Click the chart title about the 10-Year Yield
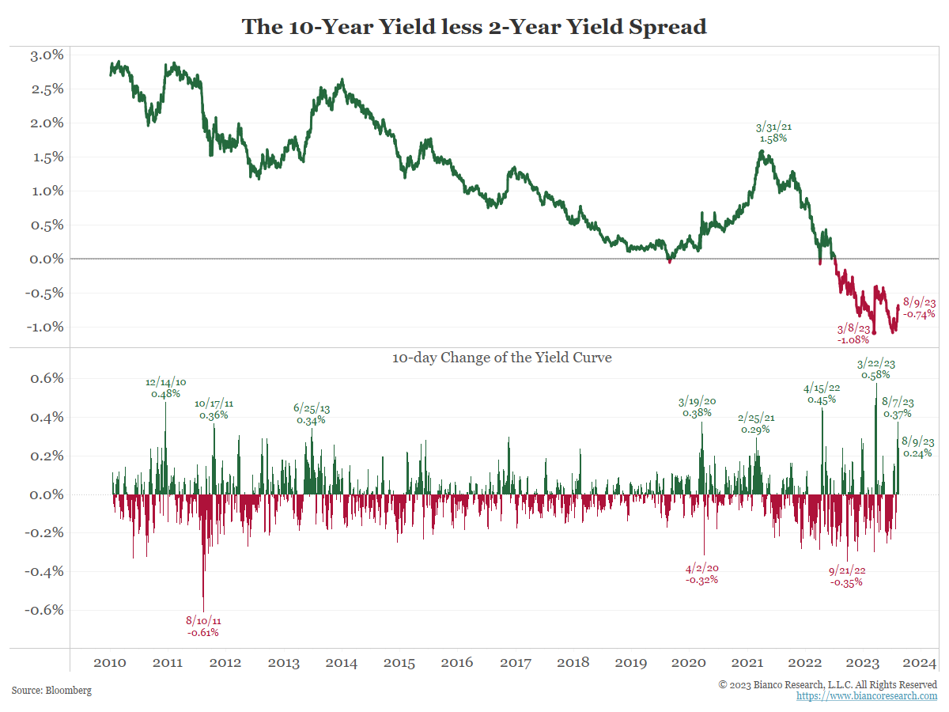point(474,26)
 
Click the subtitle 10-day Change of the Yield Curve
point(501,358)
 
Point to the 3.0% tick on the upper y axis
point(47,55)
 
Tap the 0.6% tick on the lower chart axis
point(47,378)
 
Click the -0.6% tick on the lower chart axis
point(44,610)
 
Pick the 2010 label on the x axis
point(109,662)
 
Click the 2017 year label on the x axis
point(515,662)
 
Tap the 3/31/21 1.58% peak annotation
point(773,132)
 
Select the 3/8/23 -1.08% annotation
point(853,335)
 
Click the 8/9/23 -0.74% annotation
point(919,308)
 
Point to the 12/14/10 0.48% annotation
point(165,388)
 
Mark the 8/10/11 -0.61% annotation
point(203,627)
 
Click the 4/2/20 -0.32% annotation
point(702,574)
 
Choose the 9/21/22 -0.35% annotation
point(846,576)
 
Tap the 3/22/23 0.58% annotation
point(875,369)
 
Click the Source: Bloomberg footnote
point(51,691)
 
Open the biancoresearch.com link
point(867,696)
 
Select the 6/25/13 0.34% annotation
point(312,415)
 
